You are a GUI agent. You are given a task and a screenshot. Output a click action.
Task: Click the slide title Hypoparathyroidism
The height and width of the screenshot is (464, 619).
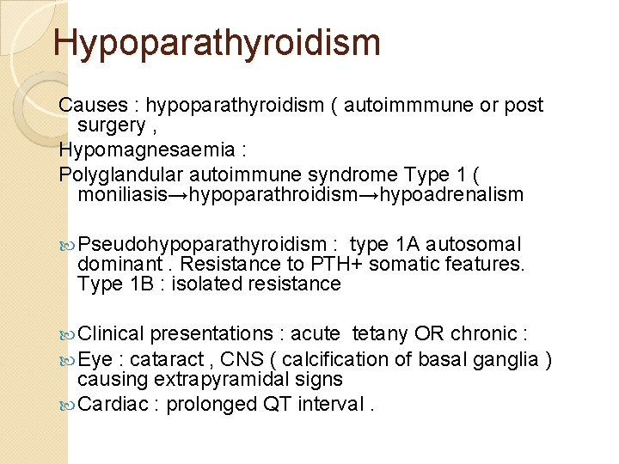tap(217, 42)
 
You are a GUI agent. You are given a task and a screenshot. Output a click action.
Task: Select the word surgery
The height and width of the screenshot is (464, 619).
tap(111, 125)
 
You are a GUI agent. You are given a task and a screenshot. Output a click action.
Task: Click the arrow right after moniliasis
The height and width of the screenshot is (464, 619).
tap(175, 195)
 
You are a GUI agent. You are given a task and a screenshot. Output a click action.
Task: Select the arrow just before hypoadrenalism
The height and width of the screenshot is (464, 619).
tap(369, 195)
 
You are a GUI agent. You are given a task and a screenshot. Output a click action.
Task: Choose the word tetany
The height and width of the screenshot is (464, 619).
tap(381, 334)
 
